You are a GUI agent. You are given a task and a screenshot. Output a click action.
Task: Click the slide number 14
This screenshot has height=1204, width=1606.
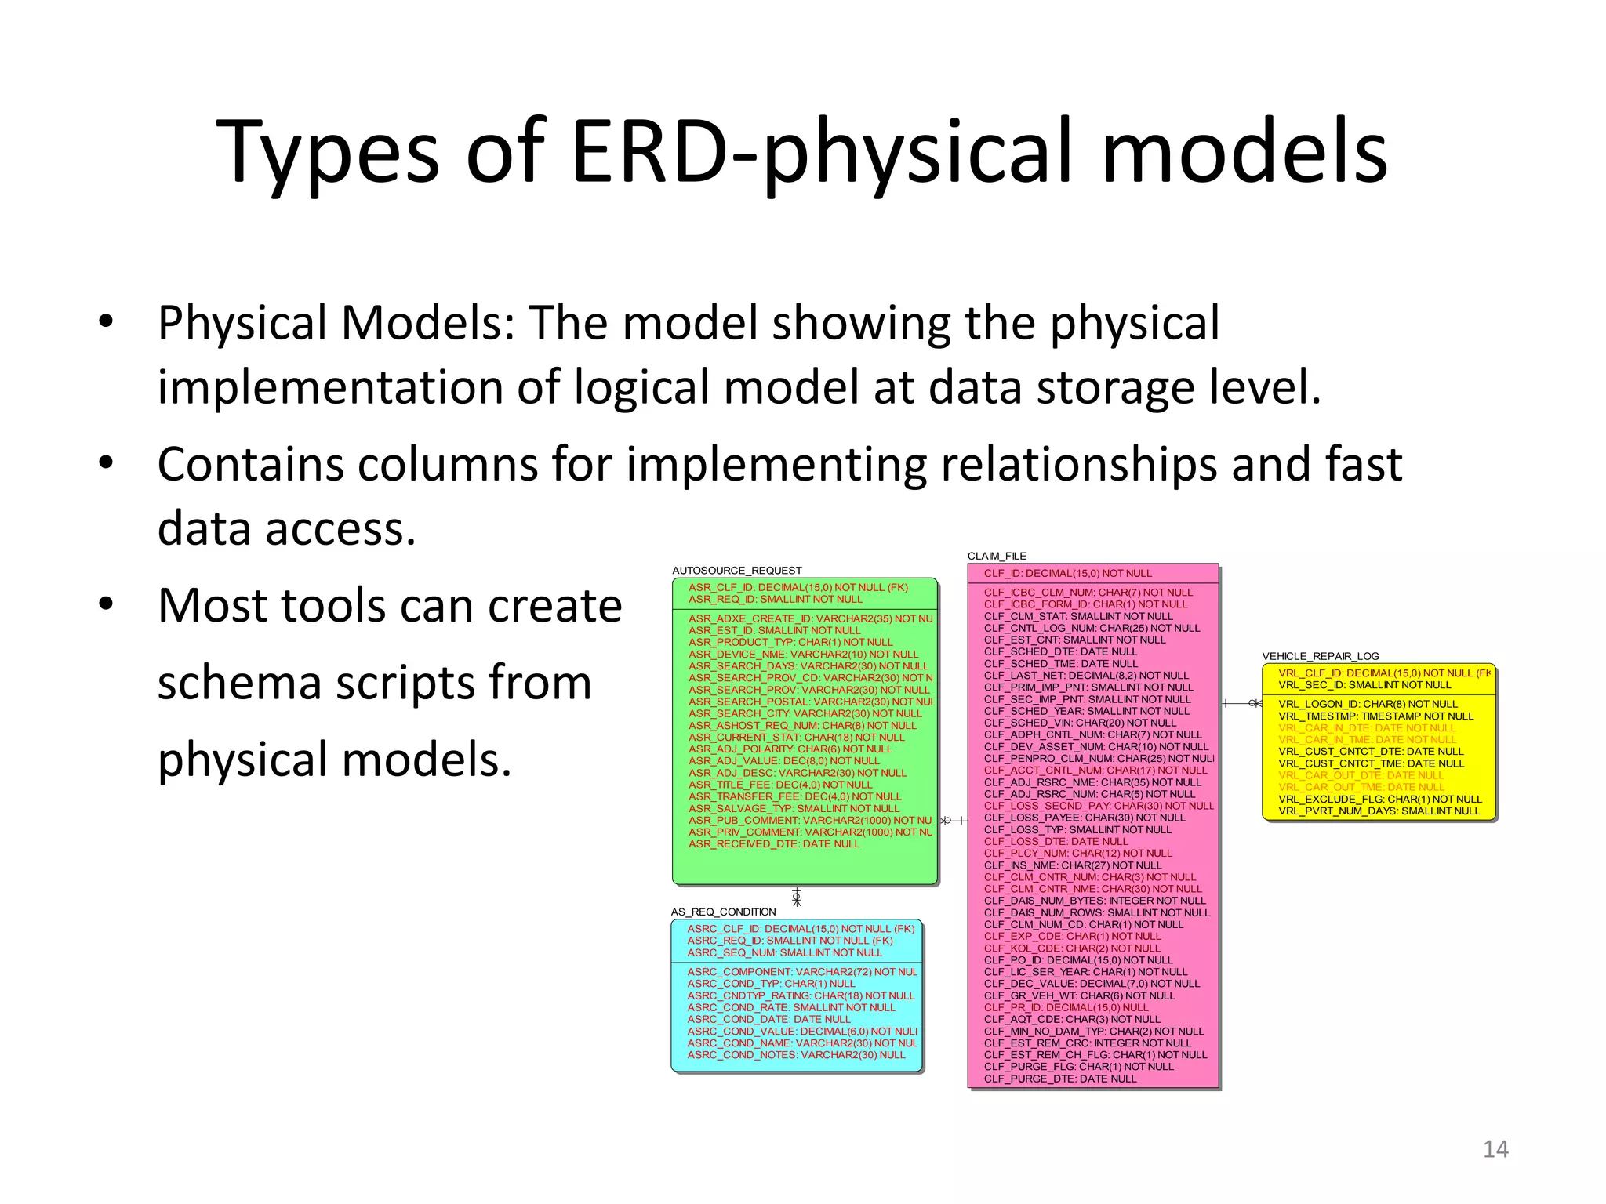pyautogui.click(x=1495, y=1148)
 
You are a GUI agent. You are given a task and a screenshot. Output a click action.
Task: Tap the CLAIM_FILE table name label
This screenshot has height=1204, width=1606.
pyautogui.click(x=996, y=556)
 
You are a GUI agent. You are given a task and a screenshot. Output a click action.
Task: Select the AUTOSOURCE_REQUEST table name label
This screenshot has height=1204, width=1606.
pyautogui.click(x=736, y=571)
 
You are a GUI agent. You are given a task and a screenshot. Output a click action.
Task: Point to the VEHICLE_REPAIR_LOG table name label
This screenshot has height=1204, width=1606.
pyautogui.click(x=1320, y=656)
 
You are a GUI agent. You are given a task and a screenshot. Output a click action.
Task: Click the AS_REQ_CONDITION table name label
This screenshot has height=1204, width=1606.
pyautogui.click(x=723, y=912)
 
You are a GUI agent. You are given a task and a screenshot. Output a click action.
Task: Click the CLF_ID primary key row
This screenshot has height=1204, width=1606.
pyautogui.click(x=1067, y=574)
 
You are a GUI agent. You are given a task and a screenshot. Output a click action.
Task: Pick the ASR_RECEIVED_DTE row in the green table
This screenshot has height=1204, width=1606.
pyautogui.click(x=773, y=844)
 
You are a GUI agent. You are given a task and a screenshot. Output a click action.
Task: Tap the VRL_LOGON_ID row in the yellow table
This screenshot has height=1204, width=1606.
pyautogui.click(x=1368, y=705)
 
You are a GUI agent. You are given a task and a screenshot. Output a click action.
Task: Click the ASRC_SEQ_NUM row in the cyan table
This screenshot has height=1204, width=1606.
pyautogui.click(x=784, y=953)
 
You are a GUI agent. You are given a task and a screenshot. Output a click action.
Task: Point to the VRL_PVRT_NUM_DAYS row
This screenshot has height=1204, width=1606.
pyautogui.click(x=1379, y=811)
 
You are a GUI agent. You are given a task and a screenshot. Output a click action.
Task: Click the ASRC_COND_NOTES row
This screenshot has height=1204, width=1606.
pyautogui.click(x=795, y=1055)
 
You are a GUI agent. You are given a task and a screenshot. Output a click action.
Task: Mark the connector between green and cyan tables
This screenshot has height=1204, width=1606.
pyautogui.click(x=797, y=898)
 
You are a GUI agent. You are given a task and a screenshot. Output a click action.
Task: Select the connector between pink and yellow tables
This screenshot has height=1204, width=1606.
pyautogui.click(x=1242, y=704)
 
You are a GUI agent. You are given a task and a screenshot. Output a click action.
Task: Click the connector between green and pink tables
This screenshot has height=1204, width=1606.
pyautogui.click(x=953, y=821)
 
